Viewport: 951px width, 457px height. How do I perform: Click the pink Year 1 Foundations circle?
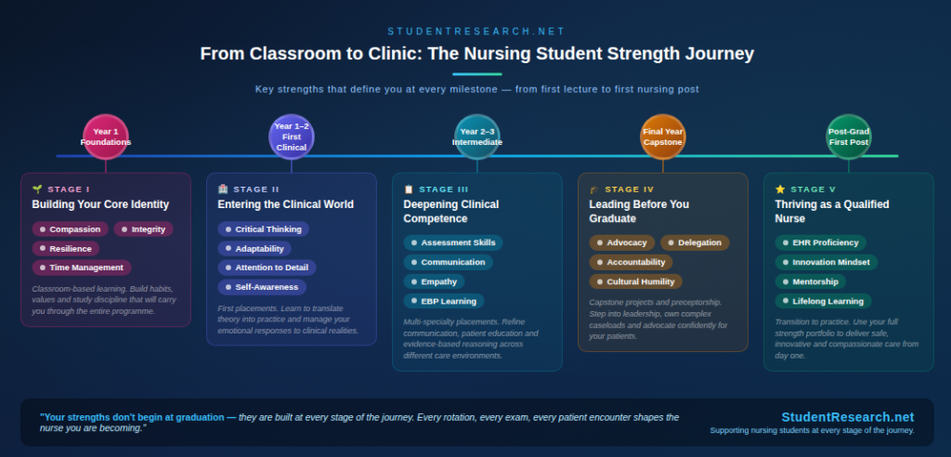click(105, 137)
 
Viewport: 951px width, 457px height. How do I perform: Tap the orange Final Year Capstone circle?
click(662, 137)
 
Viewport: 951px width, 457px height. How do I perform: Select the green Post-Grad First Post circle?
click(848, 137)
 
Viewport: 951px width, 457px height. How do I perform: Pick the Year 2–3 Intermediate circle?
click(476, 137)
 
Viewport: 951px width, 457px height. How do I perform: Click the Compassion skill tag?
click(70, 229)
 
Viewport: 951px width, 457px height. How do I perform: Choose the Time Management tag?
click(81, 268)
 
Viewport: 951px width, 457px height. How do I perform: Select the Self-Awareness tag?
click(261, 287)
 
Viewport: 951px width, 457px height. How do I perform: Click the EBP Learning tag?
click(443, 301)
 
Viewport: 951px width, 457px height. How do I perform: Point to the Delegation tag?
click(695, 242)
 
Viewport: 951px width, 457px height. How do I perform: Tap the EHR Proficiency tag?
click(820, 242)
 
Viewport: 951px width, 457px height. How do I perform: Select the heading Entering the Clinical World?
click(285, 204)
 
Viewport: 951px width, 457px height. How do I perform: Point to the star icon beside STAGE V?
click(780, 189)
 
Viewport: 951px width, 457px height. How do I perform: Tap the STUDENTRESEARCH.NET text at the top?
click(475, 31)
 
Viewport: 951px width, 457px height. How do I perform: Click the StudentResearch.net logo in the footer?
click(847, 417)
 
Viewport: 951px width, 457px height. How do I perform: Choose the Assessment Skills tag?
click(452, 242)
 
